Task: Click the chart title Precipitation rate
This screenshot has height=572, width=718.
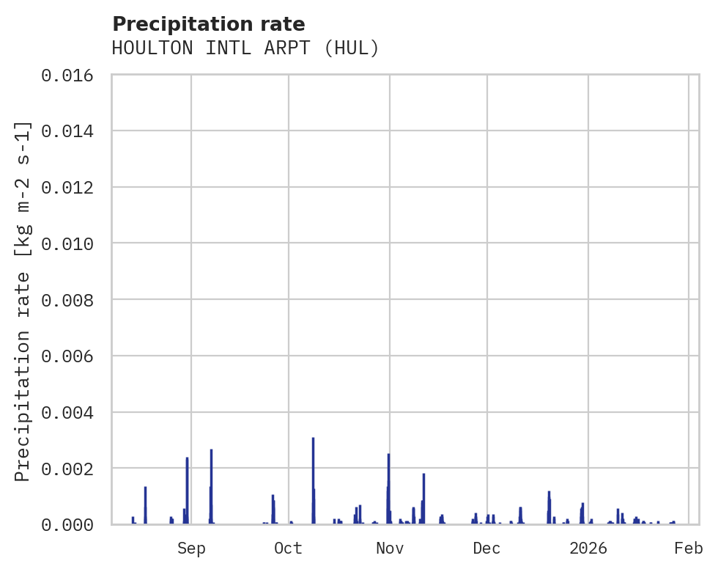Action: pos(209,24)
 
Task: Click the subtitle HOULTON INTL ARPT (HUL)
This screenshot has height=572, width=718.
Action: pos(245,48)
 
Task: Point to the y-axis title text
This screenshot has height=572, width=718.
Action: pos(23,301)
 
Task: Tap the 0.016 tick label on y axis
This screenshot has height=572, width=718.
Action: pos(72,76)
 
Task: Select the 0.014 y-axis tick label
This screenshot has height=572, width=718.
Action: pos(72,131)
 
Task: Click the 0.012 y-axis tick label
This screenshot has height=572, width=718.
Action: pos(72,188)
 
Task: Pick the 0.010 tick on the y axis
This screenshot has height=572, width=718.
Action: pos(72,243)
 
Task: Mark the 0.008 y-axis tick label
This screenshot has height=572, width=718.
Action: pos(72,300)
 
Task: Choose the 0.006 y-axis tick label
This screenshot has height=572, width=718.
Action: pos(72,356)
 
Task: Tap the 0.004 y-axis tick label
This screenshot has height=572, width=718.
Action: pos(72,412)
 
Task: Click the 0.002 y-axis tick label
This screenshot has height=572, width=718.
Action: pos(72,469)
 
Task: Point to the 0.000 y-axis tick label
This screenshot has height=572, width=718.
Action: pos(72,524)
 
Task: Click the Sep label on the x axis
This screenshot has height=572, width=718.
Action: pos(191,548)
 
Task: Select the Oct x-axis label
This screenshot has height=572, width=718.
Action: pos(288,548)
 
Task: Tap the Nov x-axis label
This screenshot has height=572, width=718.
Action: pos(390,548)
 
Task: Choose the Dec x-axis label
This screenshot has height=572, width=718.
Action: pos(486,548)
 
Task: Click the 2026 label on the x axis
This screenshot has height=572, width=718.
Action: pos(588,548)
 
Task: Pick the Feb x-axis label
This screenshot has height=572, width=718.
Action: pos(689,548)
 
